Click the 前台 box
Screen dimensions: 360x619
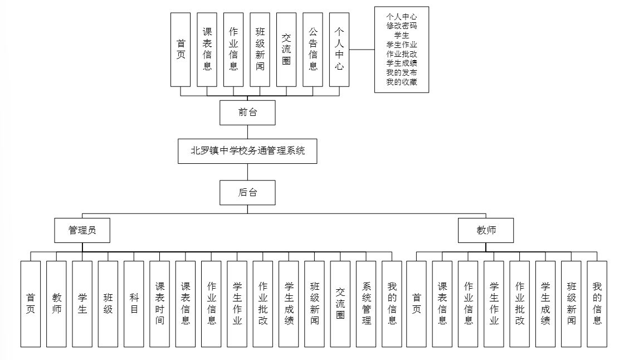pyautogui.click(x=247, y=113)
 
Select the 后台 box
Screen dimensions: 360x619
pyautogui.click(x=247, y=193)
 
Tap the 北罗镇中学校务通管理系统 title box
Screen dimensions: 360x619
pyautogui.click(x=247, y=150)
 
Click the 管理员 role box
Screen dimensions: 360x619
pyautogui.click(x=82, y=230)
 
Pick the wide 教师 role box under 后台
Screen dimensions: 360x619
pyautogui.click(x=486, y=230)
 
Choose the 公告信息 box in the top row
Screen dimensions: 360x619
pyautogui.click(x=313, y=49)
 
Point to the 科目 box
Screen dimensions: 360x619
pyautogui.click(x=134, y=304)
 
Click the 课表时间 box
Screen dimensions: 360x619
pyautogui.click(x=159, y=304)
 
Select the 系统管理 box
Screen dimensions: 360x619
pyautogui.click(x=366, y=304)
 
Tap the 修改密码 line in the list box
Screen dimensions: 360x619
pyautogui.click(x=401, y=26)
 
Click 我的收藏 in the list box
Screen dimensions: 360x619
pyautogui.click(x=401, y=82)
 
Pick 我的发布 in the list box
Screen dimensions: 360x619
pyautogui.click(x=401, y=73)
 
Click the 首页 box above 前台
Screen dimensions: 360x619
pyautogui.click(x=181, y=49)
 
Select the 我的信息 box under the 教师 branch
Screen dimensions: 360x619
pyautogui.click(x=597, y=304)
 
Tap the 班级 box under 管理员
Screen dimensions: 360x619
pyautogui.click(x=108, y=304)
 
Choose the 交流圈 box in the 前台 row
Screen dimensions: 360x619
pyautogui.click(x=286, y=49)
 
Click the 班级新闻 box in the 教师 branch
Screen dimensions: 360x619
pyautogui.click(x=571, y=304)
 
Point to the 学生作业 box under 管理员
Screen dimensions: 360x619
pyautogui.click(x=237, y=304)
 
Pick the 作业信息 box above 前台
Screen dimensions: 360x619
pyautogui.click(x=233, y=49)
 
